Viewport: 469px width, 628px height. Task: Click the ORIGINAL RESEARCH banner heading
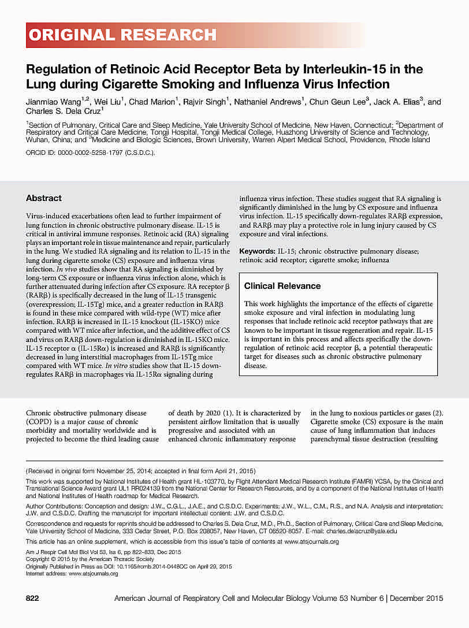click(x=122, y=35)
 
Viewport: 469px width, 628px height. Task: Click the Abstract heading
click(x=44, y=198)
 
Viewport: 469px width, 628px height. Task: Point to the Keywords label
click(x=257, y=252)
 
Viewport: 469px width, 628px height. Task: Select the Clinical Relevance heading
click(x=282, y=286)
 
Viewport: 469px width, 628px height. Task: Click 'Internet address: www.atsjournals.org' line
click(x=72, y=574)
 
